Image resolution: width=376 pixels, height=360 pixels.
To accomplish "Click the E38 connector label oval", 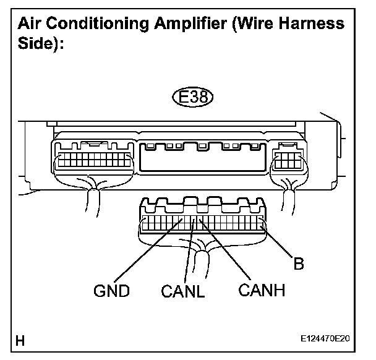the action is pos(191,97).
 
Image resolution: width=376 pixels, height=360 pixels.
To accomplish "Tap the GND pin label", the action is pos(112,290).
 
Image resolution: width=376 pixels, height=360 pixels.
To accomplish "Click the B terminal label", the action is pos(298,264).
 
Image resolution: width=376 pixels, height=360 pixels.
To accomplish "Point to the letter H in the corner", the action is pos(21,340).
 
